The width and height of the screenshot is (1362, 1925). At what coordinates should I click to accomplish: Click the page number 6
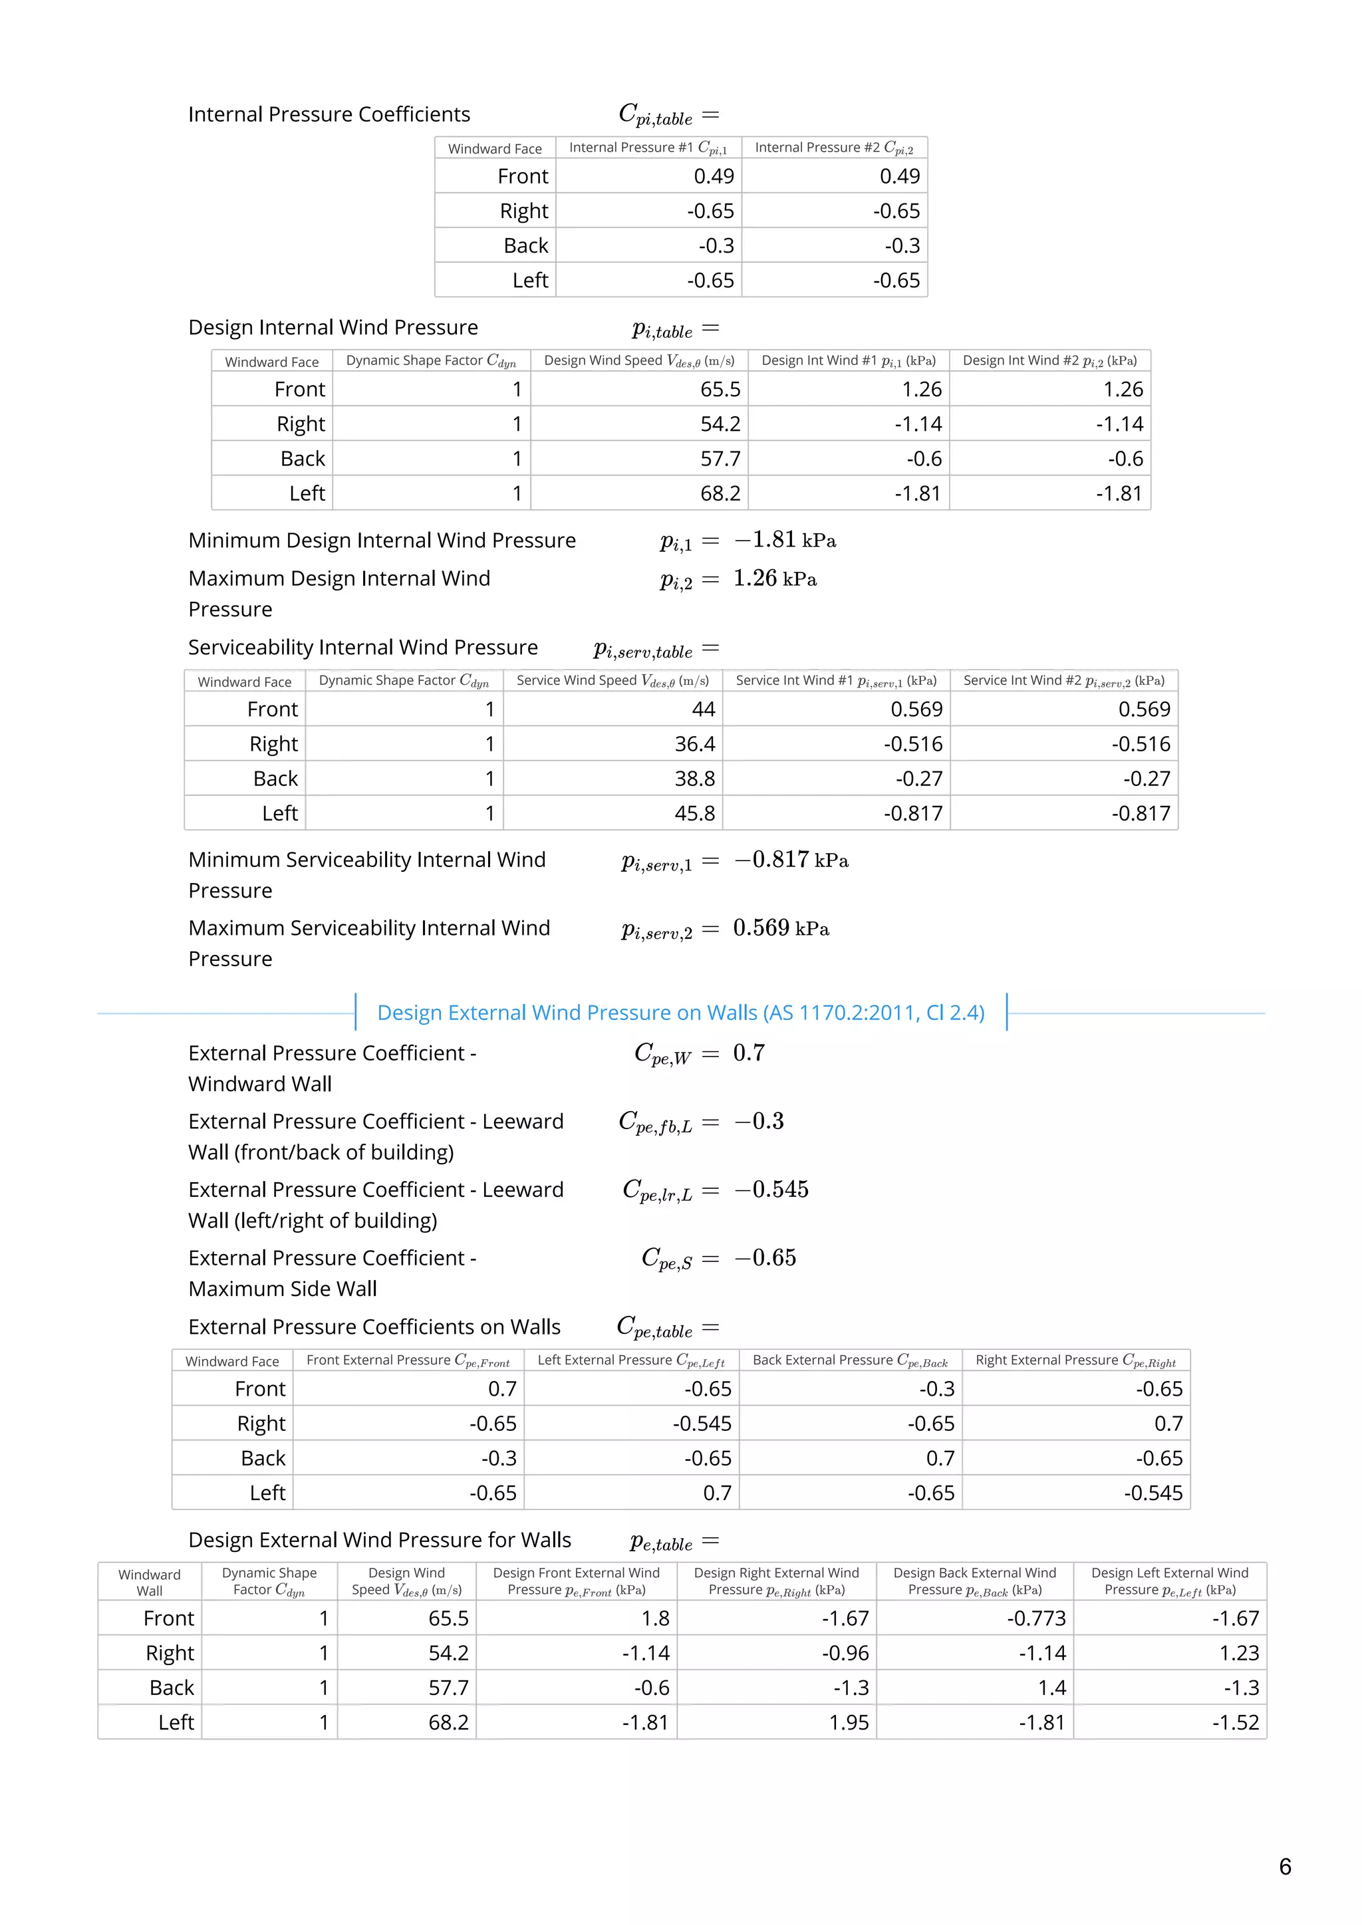[x=1285, y=1866]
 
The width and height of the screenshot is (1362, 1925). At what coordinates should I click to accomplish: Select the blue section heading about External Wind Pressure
[x=680, y=1013]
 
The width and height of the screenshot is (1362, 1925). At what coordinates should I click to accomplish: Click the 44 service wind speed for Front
[x=703, y=709]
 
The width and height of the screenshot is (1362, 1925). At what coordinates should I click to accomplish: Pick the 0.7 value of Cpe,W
[x=748, y=1053]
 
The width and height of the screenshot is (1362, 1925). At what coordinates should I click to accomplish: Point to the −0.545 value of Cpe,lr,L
[x=771, y=1190]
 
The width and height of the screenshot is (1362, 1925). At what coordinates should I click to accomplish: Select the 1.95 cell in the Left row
[x=849, y=1722]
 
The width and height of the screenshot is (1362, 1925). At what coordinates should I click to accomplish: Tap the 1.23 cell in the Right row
[x=1239, y=1652]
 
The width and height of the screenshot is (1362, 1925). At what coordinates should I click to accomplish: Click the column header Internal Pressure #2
[x=834, y=148]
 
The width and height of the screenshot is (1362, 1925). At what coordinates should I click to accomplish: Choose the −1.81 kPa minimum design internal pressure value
[x=785, y=541]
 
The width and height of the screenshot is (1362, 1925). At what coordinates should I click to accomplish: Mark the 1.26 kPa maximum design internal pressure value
[x=774, y=578]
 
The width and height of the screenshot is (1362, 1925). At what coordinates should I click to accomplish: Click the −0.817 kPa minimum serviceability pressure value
[x=791, y=860]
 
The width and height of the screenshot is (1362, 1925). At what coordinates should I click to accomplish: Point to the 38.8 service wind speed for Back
[x=694, y=779]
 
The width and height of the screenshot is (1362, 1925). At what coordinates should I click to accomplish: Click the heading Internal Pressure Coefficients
[x=329, y=114]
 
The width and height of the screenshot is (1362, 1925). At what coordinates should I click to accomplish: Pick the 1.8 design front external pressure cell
[x=655, y=1618]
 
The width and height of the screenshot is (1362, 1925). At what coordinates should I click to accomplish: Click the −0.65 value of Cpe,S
[x=765, y=1257]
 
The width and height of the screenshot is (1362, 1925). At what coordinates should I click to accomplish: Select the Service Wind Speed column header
[x=613, y=681]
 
